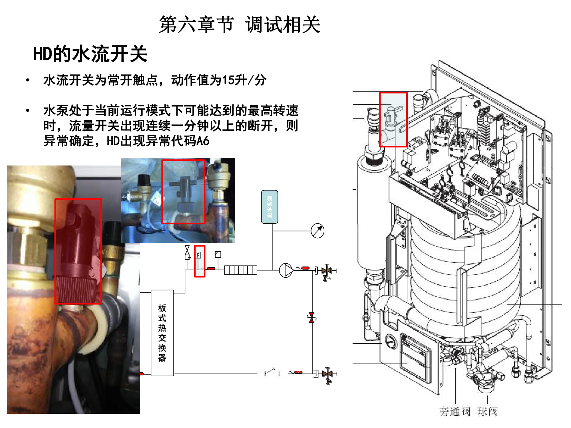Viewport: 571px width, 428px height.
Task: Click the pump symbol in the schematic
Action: tap(286, 270)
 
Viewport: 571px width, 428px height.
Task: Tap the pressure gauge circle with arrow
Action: tap(317, 231)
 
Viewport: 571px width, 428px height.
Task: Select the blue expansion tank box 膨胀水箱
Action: tap(270, 207)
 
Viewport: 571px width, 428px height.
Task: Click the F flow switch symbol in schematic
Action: tap(198, 255)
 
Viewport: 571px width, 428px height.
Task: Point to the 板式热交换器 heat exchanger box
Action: tap(162, 333)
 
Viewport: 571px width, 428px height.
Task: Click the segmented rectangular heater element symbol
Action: tap(241, 270)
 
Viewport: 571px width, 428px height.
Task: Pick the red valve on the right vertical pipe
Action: tap(311, 317)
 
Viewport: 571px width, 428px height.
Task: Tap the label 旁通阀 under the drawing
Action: tap(454, 411)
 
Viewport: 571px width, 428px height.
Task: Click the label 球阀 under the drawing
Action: tap(487, 411)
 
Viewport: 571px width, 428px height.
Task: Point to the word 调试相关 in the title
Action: tap(283, 25)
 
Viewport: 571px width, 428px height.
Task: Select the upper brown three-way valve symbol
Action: tap(327, 270)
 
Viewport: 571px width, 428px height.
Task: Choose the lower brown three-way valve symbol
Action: tap(327, 374)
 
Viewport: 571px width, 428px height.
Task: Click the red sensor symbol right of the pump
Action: tap(305, 268)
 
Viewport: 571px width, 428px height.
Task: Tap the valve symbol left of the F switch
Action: tap(187, 252)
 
